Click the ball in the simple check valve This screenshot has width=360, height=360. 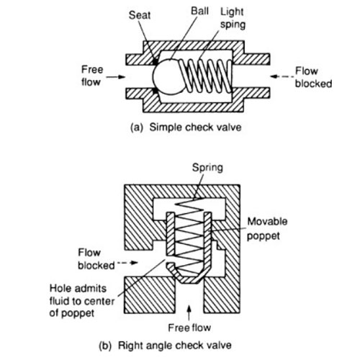coord(168,77)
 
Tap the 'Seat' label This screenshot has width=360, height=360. coord(140,15)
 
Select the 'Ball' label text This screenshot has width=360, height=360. coord(199,11)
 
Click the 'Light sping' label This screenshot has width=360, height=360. coord(233,18)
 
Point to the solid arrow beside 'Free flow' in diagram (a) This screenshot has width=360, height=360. coord(116,77)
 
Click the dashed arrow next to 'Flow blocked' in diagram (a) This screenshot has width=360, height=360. coord(282,76)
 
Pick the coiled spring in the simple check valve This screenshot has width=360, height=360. coord(206,76)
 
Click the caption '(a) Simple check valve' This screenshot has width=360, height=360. coord(186,127)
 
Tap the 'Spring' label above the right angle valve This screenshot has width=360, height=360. coord(207,168)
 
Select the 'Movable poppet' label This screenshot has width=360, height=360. coord(267,228)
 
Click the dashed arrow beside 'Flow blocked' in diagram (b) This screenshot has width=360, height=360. coord(127,263)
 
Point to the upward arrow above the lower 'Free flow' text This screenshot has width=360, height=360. coord(189,312)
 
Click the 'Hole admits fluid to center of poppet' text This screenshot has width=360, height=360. coord(81,301)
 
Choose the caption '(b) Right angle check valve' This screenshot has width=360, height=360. coord(166,346)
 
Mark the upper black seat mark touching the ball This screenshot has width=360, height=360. coord(156,62)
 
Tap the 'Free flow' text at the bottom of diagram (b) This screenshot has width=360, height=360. coord(189,328)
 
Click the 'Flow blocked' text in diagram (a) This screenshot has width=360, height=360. coord(313,77)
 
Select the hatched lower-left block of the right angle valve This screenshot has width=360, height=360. coord(149,295)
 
